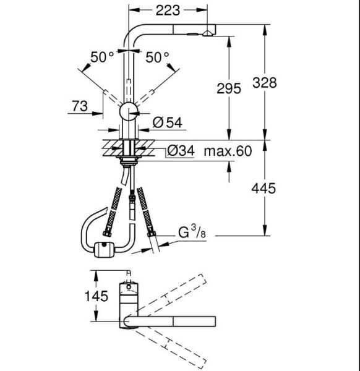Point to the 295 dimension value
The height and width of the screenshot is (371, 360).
pos(228,89)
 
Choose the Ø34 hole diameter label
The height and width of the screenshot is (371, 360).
pos(180,151)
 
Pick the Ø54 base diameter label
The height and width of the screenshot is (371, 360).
pos(165,122)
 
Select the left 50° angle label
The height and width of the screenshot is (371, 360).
pos(103,58)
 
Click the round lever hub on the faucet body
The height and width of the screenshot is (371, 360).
pos(129,112)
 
